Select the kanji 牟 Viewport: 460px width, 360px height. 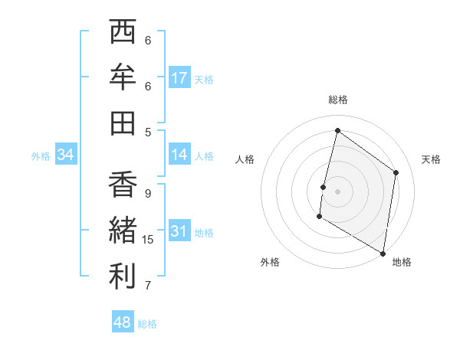123,77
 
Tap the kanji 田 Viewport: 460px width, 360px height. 123,123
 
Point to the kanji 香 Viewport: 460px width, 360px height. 123,185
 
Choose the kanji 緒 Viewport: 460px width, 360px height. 123,231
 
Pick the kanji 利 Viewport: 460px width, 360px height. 123,277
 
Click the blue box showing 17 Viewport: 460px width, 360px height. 179,78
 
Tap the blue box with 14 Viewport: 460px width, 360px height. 179,155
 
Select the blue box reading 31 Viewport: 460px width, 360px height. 179,231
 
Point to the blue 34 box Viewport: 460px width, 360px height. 66,155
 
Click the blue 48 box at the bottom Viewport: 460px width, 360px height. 123,322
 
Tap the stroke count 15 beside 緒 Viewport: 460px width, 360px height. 149,240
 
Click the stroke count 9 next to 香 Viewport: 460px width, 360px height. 148,194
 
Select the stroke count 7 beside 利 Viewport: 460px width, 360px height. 148,286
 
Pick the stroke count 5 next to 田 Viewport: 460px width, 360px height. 148,131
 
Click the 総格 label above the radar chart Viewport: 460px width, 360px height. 338,100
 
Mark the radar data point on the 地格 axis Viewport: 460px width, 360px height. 383,253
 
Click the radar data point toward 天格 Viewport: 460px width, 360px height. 396,172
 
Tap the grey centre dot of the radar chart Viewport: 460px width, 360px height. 338,191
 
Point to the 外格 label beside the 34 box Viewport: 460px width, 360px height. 41,155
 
